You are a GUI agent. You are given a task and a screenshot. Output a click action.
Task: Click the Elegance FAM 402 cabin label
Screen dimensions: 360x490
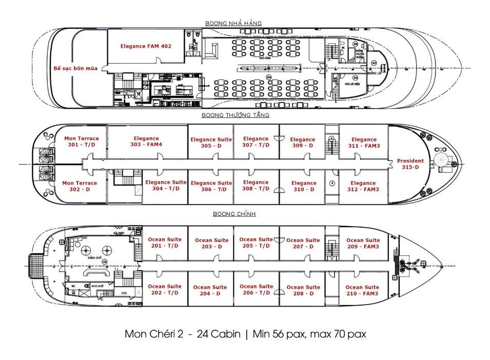tap(146, 46)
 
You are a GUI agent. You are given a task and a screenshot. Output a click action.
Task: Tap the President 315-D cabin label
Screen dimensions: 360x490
tap(410, 164)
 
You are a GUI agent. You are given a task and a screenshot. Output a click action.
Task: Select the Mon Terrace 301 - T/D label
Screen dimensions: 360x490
tap(81, 142)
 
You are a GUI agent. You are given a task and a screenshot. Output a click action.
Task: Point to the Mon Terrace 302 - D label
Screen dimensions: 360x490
tap(80, 186)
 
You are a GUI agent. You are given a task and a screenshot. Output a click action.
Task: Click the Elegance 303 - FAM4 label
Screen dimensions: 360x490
tap(146, 142)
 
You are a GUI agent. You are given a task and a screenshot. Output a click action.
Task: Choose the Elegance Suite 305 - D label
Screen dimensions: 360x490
tap(211, 143)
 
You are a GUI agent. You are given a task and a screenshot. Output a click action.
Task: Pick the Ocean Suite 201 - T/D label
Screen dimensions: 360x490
tap(165, 243)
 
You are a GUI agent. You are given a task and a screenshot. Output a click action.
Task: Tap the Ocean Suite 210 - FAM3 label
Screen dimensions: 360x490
tap(362, 290)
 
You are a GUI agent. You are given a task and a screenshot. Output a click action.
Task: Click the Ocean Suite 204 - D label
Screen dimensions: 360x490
tap(210, 290)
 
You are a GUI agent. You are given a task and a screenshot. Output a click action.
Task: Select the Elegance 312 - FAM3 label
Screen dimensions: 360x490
tap(363, 186)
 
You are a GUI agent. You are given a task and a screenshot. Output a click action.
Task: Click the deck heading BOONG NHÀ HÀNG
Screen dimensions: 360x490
tap(233, 23)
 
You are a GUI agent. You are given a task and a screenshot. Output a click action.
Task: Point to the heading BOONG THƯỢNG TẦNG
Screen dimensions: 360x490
tap(236, 115)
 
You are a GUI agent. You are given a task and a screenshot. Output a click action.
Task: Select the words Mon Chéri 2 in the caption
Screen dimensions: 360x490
tap(152, 334)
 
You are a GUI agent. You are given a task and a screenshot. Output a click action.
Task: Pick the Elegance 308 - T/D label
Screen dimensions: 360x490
tap(256, 185)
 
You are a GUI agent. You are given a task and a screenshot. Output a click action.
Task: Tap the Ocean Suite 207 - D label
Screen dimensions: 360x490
tap(303, 243)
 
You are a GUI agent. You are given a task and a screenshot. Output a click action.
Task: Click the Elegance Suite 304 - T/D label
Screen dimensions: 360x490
tap(165, 185)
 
